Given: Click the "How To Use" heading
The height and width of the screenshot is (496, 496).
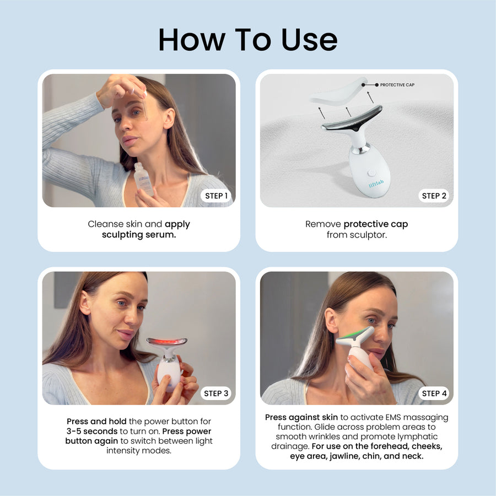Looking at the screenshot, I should (247, 40).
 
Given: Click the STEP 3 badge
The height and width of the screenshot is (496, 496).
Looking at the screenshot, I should (215, 393).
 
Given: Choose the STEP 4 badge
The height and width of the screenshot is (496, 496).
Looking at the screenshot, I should (434, 393).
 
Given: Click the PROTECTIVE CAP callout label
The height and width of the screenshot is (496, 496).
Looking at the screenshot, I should (397, 85).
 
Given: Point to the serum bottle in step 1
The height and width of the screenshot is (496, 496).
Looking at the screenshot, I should (144, 180).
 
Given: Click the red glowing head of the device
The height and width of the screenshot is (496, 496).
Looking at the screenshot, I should (166, 343).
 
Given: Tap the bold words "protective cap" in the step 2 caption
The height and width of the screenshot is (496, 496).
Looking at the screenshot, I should (375, 224).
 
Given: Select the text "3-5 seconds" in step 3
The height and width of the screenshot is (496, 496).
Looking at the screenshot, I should (93, 431).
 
